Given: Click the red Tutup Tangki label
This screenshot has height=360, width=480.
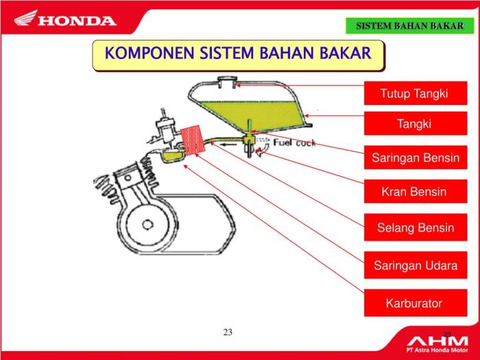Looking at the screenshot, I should [x=415, y=93].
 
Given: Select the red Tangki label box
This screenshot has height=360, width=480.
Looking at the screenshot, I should [x=415, y=124].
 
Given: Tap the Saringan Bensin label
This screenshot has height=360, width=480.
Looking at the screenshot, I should [x=415, y=158].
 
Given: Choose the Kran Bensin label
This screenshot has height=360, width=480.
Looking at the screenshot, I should [x=414, y=192].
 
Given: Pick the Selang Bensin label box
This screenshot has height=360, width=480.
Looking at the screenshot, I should [x=415, y=228].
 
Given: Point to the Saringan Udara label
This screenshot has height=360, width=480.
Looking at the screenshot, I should [x=415, y=265].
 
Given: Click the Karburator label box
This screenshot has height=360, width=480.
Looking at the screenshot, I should [x=413, y=302].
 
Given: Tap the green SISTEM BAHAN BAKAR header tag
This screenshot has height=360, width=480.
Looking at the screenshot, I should [x=409, y=26].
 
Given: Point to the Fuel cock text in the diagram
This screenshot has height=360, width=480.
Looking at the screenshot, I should [x=295, y=143].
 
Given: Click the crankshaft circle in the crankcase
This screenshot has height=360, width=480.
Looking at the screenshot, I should [x=147, y=224].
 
